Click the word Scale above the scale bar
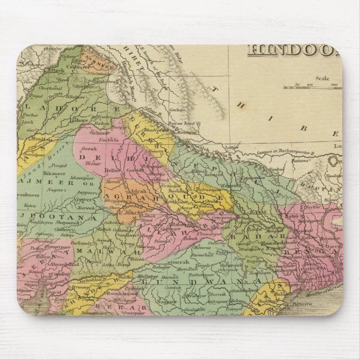(x=321, y=79)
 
